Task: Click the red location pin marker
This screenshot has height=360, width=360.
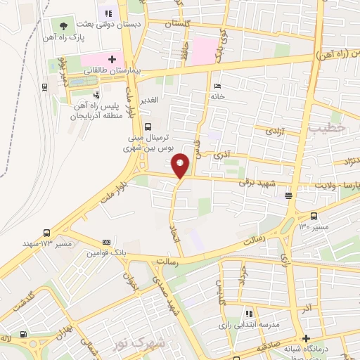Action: coord(181,165)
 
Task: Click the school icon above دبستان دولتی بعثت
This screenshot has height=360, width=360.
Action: coord(108,12)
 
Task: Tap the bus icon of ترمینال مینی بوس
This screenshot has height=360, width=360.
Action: coord(147,127)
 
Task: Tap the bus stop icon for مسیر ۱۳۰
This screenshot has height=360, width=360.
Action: coord(313,216)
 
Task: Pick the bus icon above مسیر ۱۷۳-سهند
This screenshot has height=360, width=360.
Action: coord(46,232)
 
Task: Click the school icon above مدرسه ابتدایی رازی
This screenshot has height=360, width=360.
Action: coord(247,314)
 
